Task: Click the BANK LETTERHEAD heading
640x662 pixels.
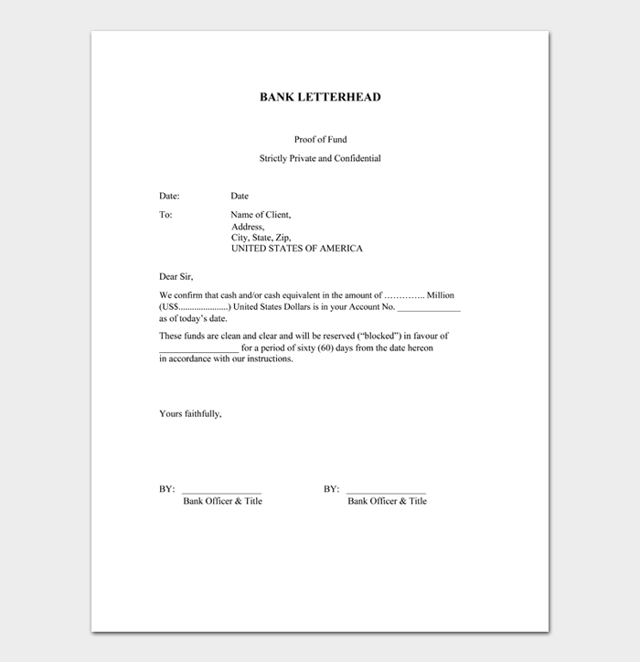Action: (x=320, y=97)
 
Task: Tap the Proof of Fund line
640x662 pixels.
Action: (x=320, y=139)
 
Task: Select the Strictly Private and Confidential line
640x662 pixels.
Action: (x=320, y=158)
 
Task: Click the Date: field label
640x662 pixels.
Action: (x=169, y=196)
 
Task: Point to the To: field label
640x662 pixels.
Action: (x=165, y=215)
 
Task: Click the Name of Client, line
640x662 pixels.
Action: (x=261, y=215)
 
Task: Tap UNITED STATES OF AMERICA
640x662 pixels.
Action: (x=296, y=248)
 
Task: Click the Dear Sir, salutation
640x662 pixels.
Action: (x=176, y=276)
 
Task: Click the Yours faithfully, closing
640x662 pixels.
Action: (x=190, y=413)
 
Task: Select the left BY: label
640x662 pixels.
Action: (x=166, y=489)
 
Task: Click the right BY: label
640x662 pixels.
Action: (x=331, y=489)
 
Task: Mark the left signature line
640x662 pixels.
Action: (x=221, y=492)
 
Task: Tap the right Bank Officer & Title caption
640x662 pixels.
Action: (x=387, y=501)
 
